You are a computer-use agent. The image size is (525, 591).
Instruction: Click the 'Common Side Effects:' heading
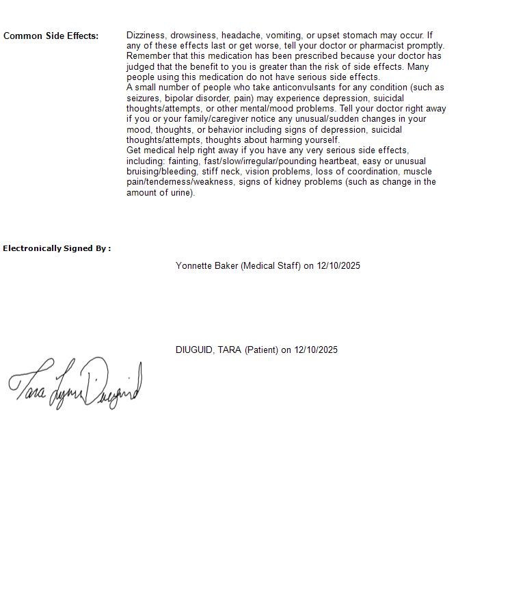point(51,36)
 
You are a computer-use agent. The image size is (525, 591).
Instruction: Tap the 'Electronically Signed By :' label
point(57,248)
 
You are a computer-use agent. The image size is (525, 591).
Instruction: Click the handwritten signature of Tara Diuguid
point(75,384)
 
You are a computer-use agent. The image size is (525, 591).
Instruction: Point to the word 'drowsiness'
point(193,35)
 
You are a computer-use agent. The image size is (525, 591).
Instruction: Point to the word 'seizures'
point(144,98)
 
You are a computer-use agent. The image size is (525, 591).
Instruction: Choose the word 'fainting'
point(183,161)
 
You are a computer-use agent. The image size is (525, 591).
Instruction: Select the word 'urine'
point(181,192)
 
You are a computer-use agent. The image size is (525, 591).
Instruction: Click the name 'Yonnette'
point(193,265)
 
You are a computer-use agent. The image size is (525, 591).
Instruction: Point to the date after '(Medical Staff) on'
point(338,265)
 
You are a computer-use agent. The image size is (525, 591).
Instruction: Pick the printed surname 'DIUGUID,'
point(195,350)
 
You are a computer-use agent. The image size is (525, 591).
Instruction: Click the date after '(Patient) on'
point(316,350)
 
